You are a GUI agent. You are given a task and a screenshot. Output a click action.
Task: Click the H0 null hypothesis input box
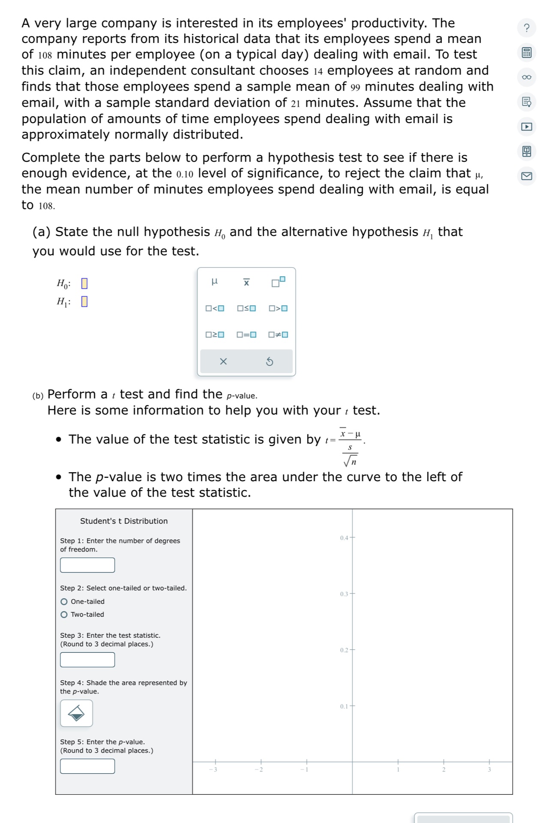(84, 283)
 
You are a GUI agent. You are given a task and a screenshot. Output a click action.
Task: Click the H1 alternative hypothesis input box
(84, 301)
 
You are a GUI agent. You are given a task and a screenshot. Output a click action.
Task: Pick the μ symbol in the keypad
(215, 282)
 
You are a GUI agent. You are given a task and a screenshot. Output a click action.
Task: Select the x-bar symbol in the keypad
(246, 282)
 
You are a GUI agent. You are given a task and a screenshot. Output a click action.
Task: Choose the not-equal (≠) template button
(278, 335)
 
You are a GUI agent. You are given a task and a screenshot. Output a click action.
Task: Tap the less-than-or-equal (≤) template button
(246, 308)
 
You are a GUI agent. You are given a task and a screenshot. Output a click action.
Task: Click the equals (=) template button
(246, 335)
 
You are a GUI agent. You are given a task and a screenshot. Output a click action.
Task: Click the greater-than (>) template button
(278, 308)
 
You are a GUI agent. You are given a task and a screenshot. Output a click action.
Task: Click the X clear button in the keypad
(223, 362)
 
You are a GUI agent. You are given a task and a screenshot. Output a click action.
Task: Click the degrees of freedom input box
(87, 565)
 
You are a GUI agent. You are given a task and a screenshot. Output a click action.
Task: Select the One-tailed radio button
(64, 601)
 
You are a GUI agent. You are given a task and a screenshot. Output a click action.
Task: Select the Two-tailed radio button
(64, 614)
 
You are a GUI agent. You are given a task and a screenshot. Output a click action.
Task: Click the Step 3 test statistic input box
(87, 660)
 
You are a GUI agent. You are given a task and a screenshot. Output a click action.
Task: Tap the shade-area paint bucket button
(77, 713)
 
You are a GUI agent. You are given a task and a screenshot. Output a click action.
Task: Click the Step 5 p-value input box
(87, 766)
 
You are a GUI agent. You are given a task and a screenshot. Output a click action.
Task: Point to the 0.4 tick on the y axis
(353, 537)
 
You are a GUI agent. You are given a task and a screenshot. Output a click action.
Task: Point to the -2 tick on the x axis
(261, 762)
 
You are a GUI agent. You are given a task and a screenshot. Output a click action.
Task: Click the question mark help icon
(526, 28)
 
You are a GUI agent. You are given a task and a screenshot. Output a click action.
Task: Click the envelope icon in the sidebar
(526, 176)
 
